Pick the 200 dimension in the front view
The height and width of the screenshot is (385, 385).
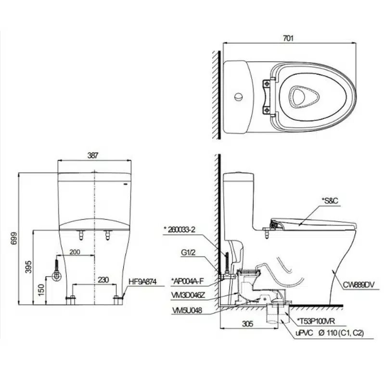(74, 252)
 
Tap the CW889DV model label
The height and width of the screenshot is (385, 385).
(358, 284)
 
